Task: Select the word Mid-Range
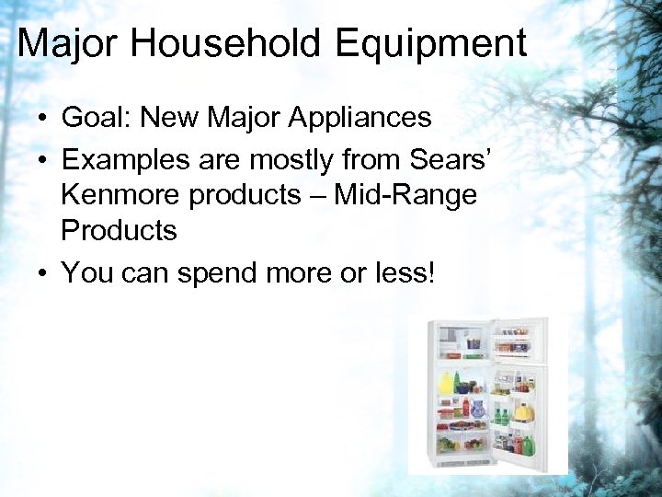click(405, 195)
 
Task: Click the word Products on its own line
click(119, 231)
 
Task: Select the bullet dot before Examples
click(43, 161)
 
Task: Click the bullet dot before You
click(43, 274)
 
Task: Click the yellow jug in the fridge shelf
click(448, 383)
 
